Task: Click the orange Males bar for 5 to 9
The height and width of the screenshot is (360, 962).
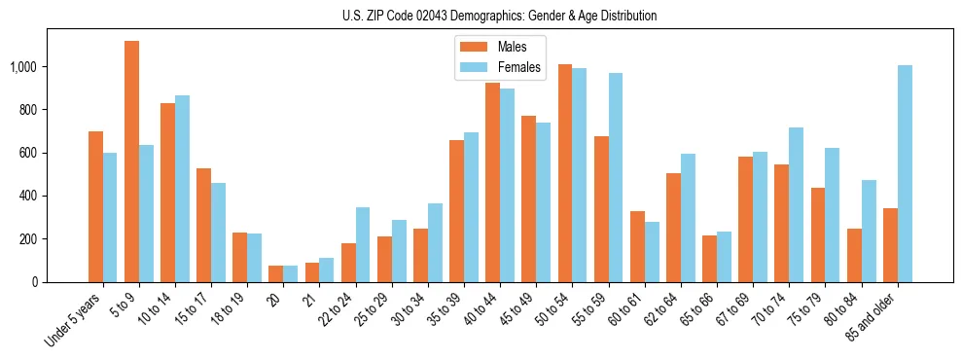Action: pos(131,162)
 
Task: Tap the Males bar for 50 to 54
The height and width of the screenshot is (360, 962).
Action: pos(565,173)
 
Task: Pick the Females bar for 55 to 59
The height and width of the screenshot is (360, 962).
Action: pos(616,177)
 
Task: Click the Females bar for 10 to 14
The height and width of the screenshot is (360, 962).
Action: pos(182,189)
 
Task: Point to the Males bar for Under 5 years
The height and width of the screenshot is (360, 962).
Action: pos(95,206)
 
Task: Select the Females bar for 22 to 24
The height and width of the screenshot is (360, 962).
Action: pos(363,244)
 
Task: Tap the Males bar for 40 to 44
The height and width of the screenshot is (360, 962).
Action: pos(493,182)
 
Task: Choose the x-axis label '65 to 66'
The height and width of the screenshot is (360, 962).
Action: pos(696,310)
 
